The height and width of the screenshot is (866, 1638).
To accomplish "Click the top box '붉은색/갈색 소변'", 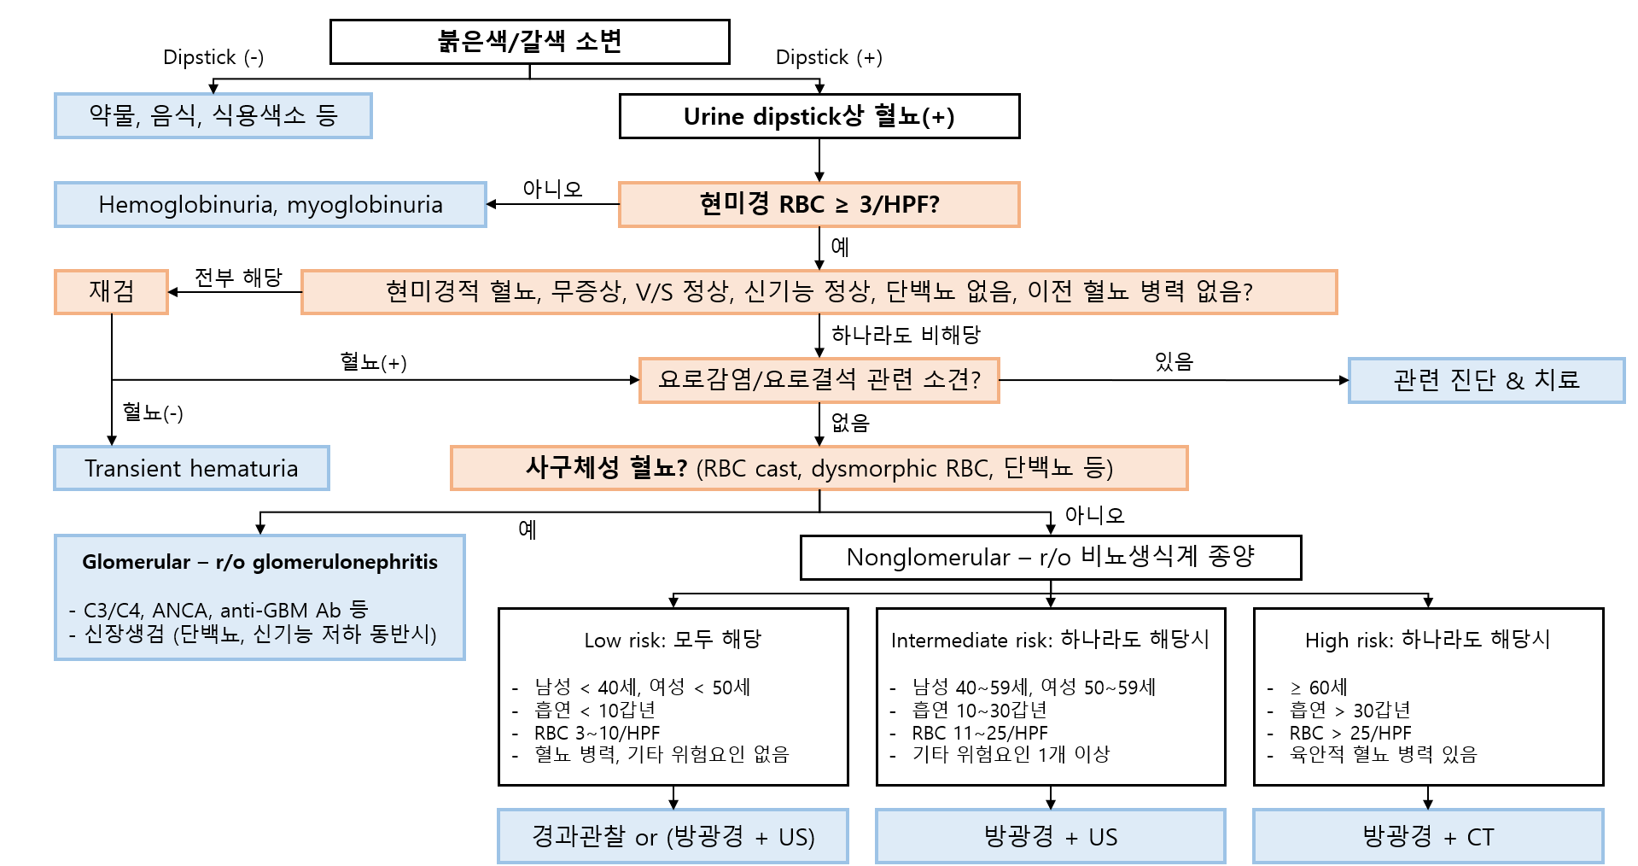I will (x=529, y=42).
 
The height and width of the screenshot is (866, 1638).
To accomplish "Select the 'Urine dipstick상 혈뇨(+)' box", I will (x=819, y=116).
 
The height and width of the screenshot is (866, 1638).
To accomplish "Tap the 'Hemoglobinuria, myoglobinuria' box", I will (x=270, y=205).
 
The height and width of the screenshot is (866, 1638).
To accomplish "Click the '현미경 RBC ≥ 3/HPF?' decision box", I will (x=819, y=205).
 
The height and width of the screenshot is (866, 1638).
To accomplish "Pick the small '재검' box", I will (x=111, y=292).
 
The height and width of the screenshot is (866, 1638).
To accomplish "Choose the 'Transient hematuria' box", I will (x=191, y=468).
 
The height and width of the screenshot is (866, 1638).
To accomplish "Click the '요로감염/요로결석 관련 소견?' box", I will (x=819, y=380).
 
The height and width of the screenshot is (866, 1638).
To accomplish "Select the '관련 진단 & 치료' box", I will (x=1485, y=380).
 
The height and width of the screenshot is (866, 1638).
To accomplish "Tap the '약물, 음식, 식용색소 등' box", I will (x=213, y=116).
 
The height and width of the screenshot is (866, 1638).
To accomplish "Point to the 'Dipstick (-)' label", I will (x=213, y=57).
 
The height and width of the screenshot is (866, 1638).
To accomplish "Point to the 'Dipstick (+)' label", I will (x=828, y=57).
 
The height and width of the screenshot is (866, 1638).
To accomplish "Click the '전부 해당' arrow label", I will (x=238, y=278).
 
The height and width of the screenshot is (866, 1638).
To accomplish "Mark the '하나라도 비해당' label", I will (x=906, y=335).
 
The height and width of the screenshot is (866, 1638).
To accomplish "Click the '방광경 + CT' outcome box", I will (x=1427, y=836).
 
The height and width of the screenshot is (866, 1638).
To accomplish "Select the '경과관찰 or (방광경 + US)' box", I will (x=673, y=836).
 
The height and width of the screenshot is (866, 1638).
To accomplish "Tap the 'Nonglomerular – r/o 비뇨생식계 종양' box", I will (x=1050, y=558).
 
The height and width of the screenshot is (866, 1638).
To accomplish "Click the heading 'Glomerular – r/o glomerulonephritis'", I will (x=259, y=562).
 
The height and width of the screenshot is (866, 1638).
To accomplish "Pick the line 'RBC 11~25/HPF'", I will (x=979, y=733).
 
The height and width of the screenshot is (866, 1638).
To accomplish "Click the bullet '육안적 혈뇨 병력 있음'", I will (x=1383, y=755).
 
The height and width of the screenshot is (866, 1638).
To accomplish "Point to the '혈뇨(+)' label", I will (x=373, y=362).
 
